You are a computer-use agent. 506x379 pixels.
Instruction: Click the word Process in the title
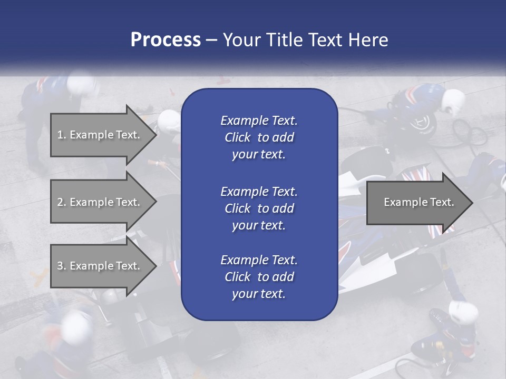point(166,40)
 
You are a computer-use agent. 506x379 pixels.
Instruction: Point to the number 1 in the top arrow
point(60,135)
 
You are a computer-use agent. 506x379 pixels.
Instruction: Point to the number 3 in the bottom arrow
point(60,266)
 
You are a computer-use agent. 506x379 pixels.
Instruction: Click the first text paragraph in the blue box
point(259,137)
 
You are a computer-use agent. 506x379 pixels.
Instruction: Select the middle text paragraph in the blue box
point(259,208)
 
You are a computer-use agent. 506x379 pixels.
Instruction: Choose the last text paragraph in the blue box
point(259,276)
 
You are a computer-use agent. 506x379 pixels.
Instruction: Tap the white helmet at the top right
point(453,101)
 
